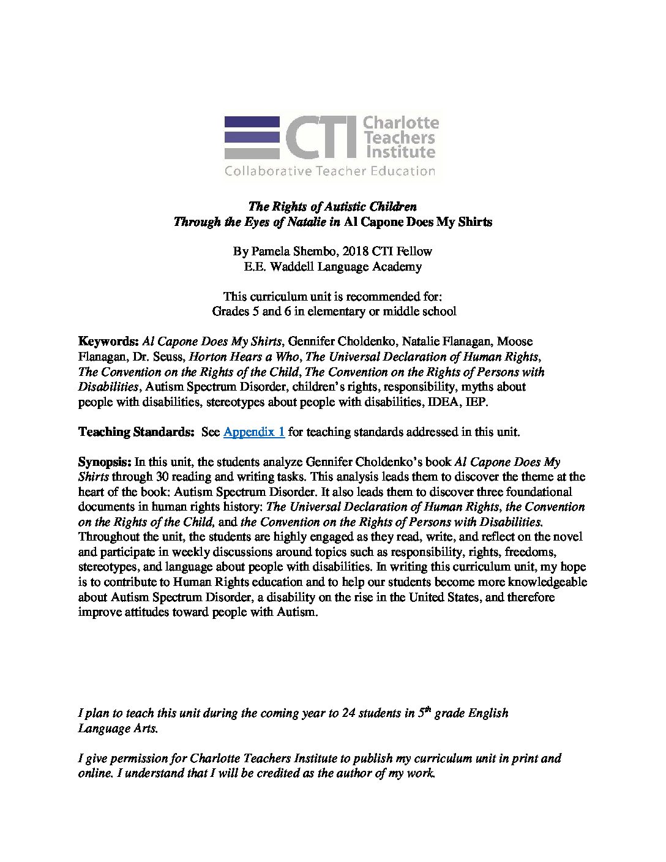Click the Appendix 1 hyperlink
click(253, 432)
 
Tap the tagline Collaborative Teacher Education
click(329, 171)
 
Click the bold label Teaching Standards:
click(136, 432)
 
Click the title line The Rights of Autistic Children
click(332, 206)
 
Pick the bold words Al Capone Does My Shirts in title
click(417, 222)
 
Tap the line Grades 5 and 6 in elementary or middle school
click(334, 311)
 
